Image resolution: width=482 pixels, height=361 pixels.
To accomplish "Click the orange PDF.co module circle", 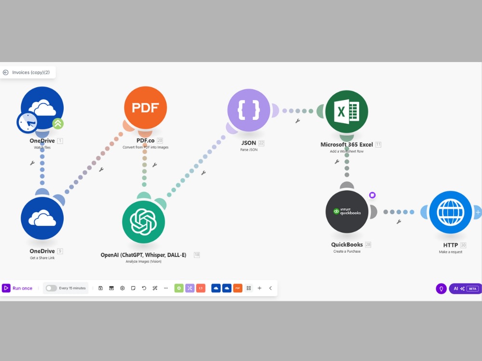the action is (x=146, y=107).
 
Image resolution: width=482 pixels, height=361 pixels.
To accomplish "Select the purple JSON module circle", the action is (x=249, y=110).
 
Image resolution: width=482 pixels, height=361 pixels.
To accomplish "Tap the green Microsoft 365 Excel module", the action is (x=347, y=112).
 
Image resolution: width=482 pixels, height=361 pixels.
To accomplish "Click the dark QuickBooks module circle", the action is (x=347, y=211).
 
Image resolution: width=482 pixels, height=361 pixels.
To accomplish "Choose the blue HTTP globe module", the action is (x=450, y=212).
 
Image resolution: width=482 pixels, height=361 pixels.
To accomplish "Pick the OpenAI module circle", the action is (x=144, y=221).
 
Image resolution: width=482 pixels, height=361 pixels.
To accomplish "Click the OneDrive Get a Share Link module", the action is (x=42, y=218).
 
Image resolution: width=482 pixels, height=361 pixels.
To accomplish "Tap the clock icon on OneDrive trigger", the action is (x=27, y=123).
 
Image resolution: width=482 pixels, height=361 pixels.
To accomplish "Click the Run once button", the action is (x=17, y=288).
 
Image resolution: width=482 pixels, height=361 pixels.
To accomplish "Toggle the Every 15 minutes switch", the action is (x=51, y=288).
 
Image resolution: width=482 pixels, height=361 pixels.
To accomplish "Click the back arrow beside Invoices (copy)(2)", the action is (x=5, y=73).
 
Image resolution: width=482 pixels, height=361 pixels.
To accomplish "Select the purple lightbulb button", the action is (x=441, y=288).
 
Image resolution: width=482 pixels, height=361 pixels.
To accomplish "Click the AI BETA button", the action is (x=466, y=288).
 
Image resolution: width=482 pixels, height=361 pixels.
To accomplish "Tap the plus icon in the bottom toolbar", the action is (x=259, y=288).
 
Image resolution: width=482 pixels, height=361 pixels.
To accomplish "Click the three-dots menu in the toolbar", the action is (x=166, y=288).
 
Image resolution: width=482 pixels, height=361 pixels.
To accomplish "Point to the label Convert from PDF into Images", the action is (x=146, y=147).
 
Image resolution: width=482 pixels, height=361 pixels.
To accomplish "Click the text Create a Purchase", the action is (x=347, y=251).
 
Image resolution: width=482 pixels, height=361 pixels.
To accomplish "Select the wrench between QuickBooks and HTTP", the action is (x=399, y=221).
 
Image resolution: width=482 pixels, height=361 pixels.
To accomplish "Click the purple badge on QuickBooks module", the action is (x=372, y=195).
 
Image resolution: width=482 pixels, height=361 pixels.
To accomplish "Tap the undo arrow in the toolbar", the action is (x=144, y=288).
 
